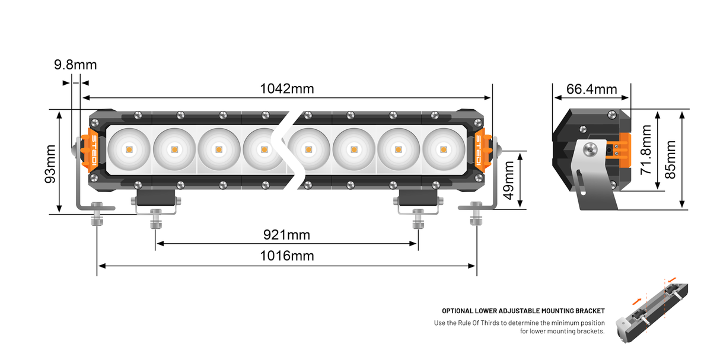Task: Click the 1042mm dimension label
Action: click(287, 89)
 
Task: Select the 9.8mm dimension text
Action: click(75, 65)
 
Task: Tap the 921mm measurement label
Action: click(286, 235)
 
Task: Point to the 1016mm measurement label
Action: click(287, 256)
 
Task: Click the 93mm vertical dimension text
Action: click(50, 163)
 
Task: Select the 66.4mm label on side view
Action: click(592, 89)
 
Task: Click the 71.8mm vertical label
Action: click(646, 150)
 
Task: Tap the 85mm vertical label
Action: click(670, 159)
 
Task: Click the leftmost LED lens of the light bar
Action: click(129, 149)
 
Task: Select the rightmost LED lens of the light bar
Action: click(443, 149)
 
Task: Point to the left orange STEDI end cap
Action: click(95, 149)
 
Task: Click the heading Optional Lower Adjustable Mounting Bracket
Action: click(523, 311)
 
